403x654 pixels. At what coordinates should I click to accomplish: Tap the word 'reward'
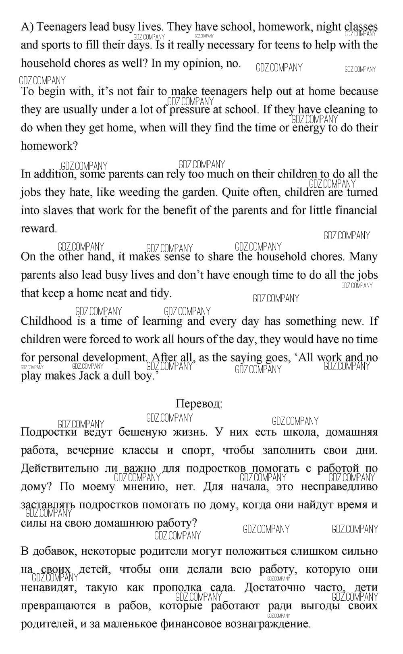tap(38, 229)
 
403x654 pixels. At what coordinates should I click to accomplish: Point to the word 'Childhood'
tap(48, 321)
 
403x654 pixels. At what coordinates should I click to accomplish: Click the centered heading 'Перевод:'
tap(199, 404)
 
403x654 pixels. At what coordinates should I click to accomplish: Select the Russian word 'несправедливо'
tap(339, 487)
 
